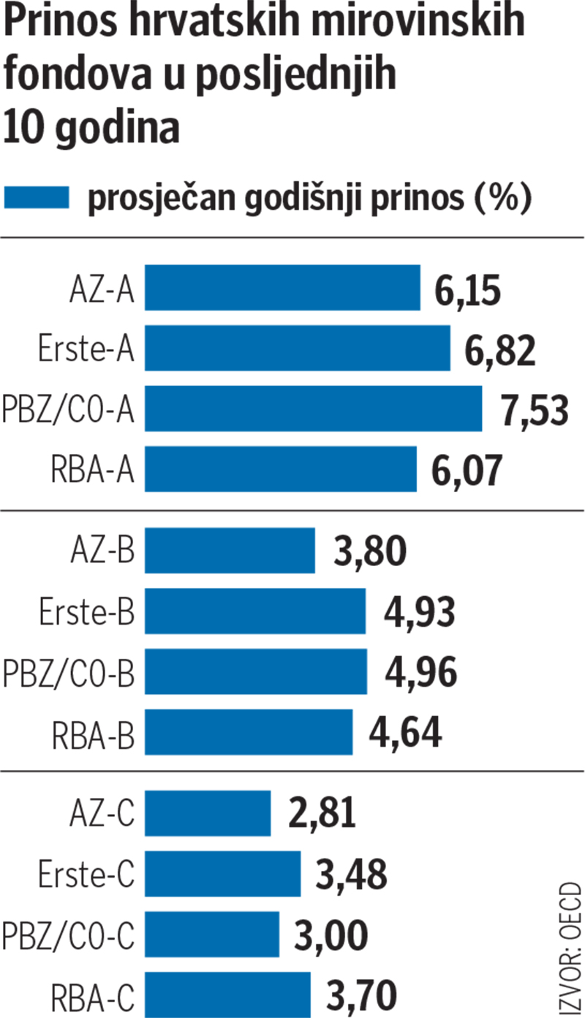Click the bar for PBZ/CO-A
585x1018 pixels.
[x=313, y=409]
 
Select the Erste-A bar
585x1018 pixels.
[x=297, y=348]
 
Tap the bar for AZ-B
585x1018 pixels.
[x=230, y=551]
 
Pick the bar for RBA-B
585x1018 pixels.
[x=249, y=732]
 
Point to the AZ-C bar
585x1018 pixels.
[x=208, y=812]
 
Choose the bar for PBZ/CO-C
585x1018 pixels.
[x=212, y=934]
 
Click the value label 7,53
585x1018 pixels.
[x=535, y=410]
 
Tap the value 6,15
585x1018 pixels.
[x=467, y=290]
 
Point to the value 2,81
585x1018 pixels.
[x=322, y=814]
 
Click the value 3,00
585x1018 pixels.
[x=331, y=935]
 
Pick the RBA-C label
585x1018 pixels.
[x=92, y=995]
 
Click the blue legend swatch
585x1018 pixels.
[x=37, y=197]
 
